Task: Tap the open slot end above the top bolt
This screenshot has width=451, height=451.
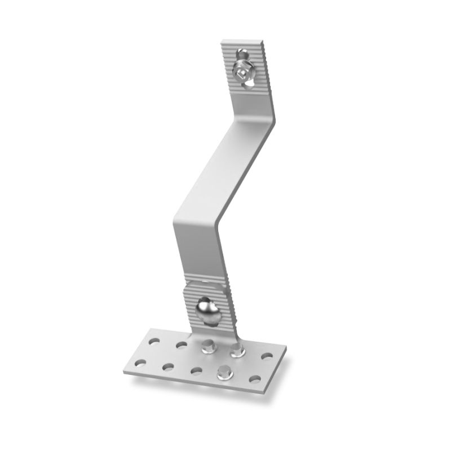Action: click(x=241, y=55)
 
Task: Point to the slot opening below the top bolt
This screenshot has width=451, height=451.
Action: click(x=249, y=85)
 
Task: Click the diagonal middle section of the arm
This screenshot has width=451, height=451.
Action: click(x=225, y=169)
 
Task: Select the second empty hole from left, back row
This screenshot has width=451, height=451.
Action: click(x=181, y=344)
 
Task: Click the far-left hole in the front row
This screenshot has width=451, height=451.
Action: click(x=139, y=361)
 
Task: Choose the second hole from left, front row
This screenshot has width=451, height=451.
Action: click(x=167, y=367)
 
